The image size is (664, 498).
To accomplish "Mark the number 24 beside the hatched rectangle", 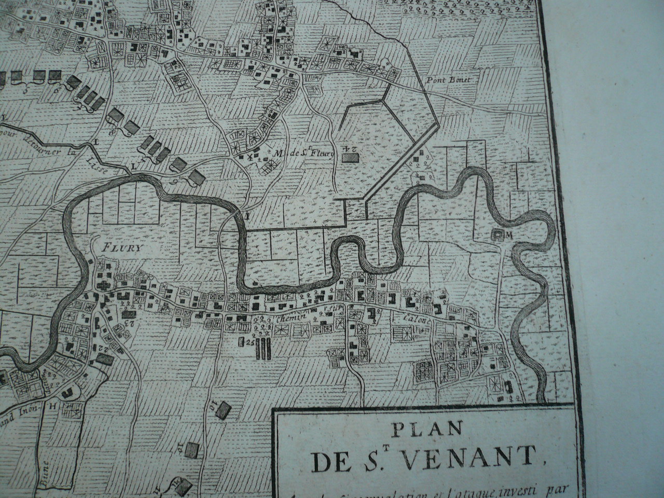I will coord(351,150).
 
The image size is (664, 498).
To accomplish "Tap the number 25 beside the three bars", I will coord(250,342).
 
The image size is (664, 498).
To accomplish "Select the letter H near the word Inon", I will coord(52,407).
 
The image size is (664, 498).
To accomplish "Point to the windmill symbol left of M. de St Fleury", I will coord(252,155).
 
